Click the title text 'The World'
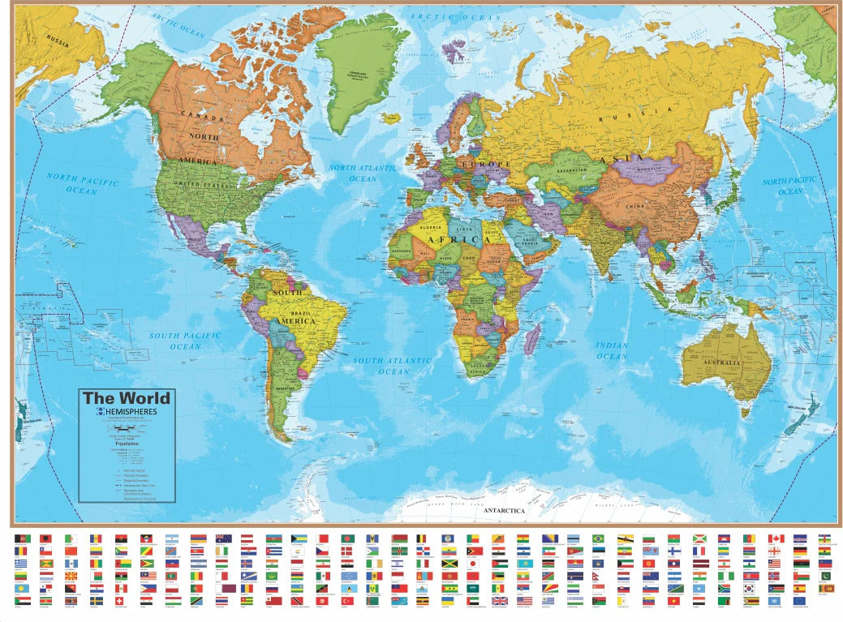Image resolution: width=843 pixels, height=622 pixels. point(127,398)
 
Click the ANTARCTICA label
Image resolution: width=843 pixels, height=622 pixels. point(504,512)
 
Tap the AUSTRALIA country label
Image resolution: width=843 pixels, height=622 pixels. point(720,361)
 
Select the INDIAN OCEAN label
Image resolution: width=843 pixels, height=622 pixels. point(612,350)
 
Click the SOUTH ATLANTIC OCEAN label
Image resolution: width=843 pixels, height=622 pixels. point(393,366)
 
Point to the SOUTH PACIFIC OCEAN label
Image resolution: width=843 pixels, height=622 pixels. point(185,341)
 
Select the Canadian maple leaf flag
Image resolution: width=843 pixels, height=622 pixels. point(776,538)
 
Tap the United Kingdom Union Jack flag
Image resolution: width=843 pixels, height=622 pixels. point(500,601)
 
